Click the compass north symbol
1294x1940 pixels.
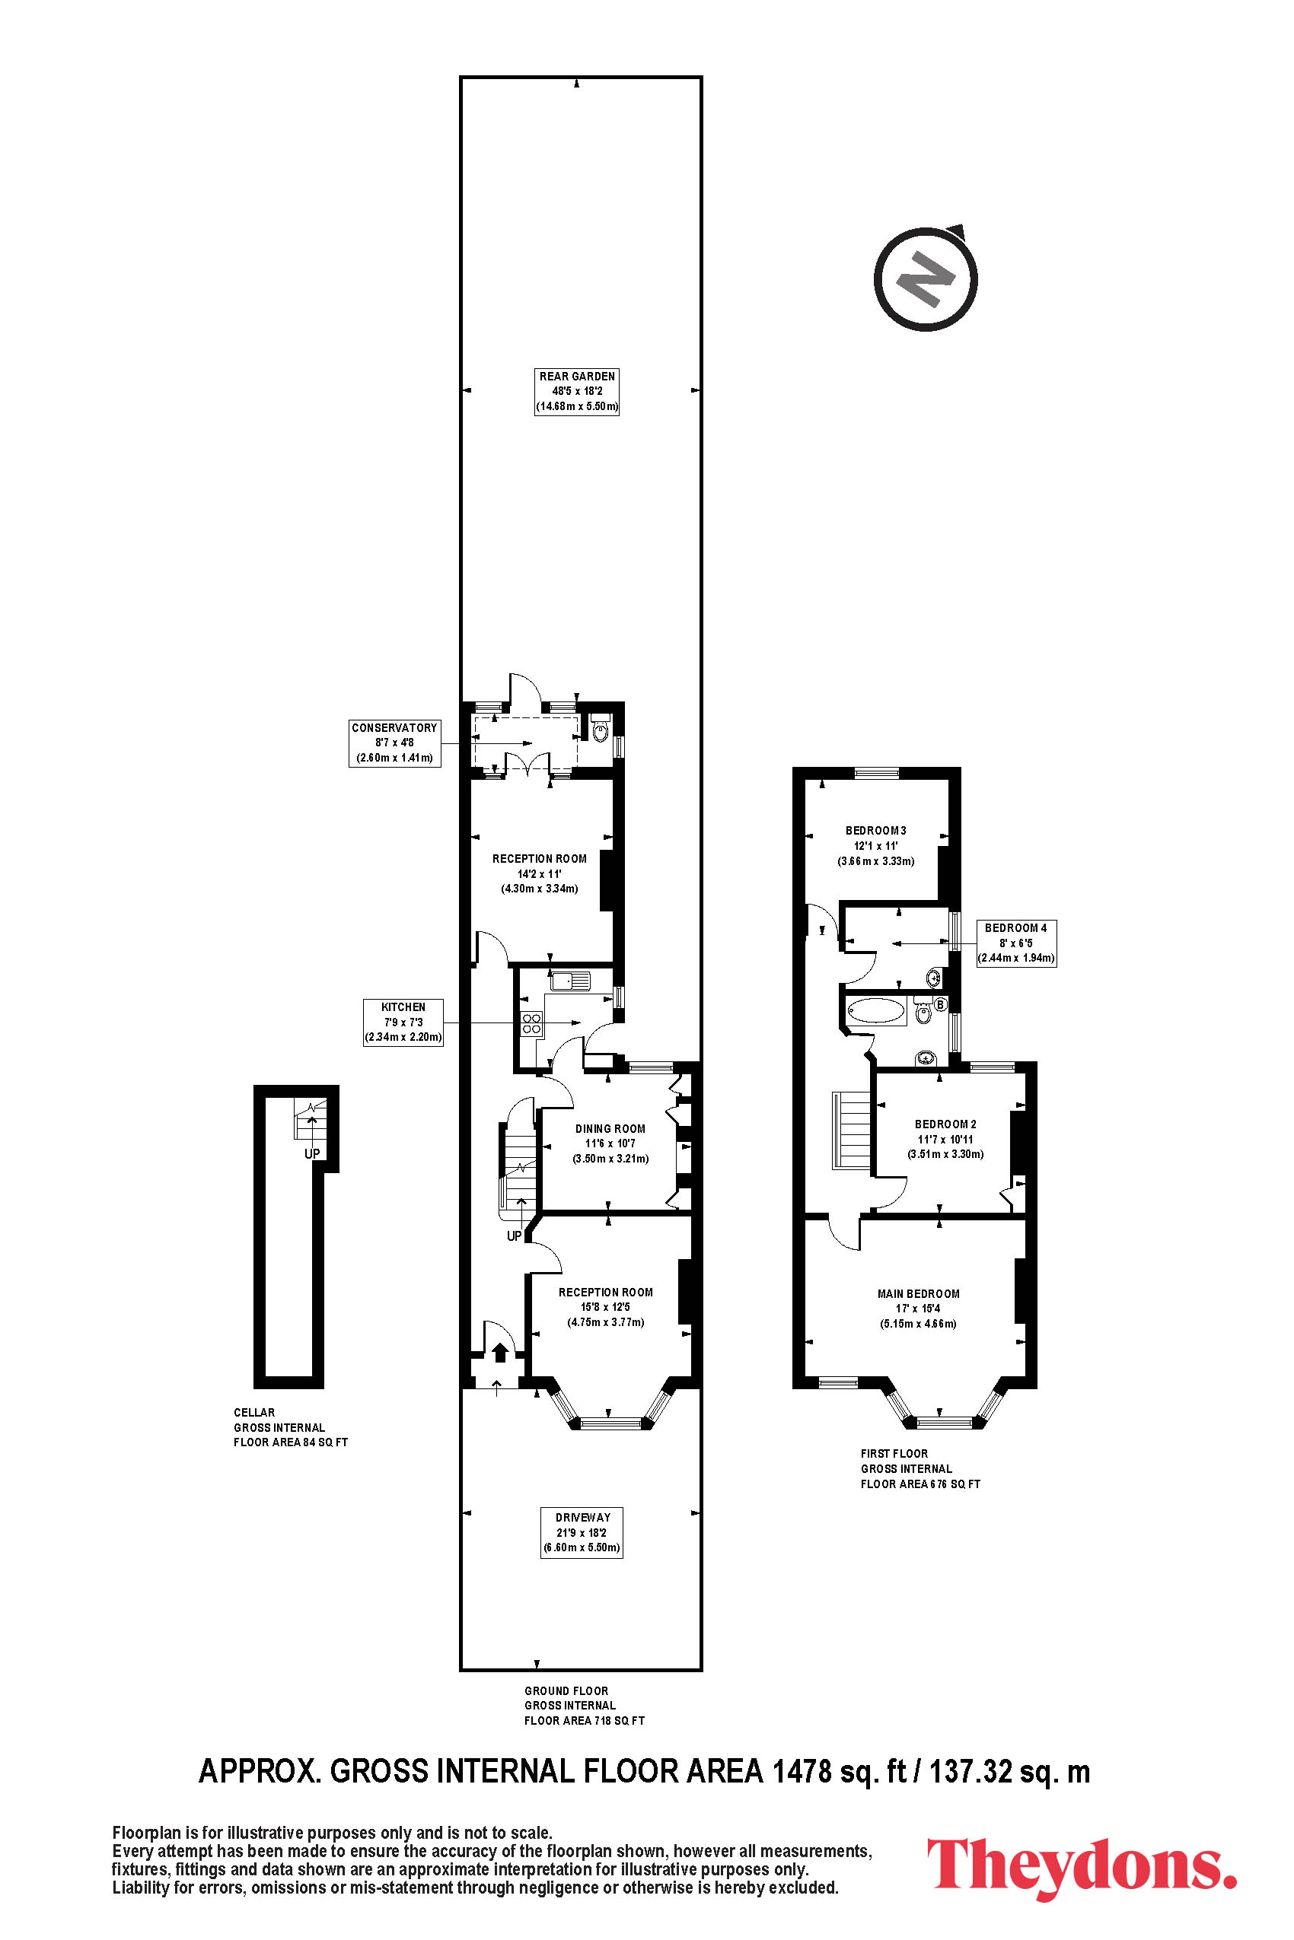(x=926, y=277)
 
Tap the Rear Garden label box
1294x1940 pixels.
(x=577, y=392)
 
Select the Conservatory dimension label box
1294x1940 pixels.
(x=394, y=743)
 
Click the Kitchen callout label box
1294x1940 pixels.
(x=403, y=1022)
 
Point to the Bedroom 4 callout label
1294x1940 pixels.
(x=1016, y=943)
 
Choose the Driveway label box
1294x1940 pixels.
(x=582, y=1532)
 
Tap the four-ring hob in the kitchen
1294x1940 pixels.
(x=531, y=1023)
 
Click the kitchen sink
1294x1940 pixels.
(x=570, y=981)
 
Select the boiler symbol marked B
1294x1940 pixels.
(x=940, y=1005)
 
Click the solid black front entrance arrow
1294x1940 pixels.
(x=500, y=1353)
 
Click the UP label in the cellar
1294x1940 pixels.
(x=312, y=1153)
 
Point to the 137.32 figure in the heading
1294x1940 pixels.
(x=971, y=1772)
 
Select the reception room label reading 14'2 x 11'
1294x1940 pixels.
(x=540, y=873)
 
